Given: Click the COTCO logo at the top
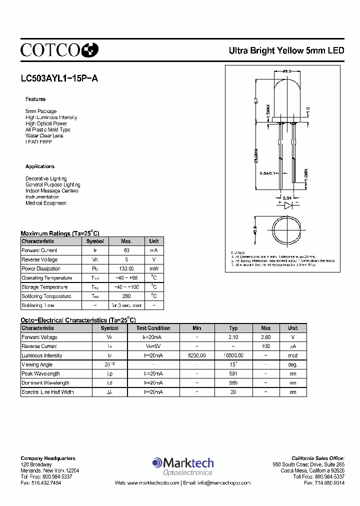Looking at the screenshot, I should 59,49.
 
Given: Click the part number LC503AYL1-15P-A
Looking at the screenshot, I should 55,78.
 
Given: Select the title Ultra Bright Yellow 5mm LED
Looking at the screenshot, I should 286,50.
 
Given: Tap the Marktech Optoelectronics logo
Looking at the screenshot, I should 182,466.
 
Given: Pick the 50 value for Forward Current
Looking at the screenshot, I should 126,250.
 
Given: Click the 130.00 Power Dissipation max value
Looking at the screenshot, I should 126,268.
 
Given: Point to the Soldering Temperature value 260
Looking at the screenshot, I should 126,296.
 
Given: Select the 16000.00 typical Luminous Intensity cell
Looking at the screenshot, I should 233,355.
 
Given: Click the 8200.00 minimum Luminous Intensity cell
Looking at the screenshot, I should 197,355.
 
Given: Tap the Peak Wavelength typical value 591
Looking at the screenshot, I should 233,373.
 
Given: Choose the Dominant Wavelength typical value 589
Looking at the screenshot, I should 233,382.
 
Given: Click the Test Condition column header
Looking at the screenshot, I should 153,328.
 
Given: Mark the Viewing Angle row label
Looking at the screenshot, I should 37,364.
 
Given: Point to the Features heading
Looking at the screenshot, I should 35,99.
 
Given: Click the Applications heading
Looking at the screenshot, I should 40,166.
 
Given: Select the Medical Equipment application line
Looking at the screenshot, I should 46,203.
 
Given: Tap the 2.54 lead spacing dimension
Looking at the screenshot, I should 287,198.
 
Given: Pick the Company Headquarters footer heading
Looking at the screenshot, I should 48,458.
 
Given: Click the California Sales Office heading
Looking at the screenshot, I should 318,458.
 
